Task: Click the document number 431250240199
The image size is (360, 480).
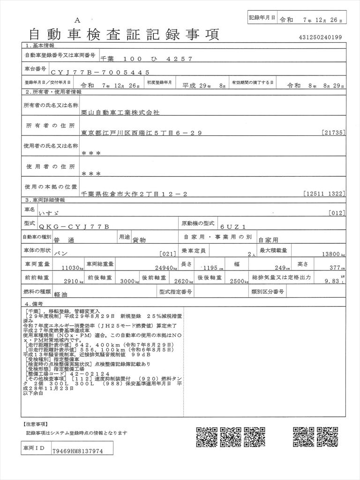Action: pyautogui.click(x=320, y=37)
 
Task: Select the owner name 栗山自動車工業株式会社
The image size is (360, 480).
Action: pyautogui.click(x=120, y=113)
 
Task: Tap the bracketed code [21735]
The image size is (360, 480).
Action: pyautogui.click(x=334, y=133)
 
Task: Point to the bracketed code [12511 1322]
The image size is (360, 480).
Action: pyautogui.click(x=324, y=194)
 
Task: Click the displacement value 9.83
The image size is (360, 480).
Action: pyautogui.click(x=331, y=282)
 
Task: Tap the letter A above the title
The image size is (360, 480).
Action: pyautogui.click(x=77, y=20)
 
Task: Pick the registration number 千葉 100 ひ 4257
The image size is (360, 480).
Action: pyautogui.click(x=146, y=59)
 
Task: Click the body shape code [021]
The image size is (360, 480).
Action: pyautogui.click(x=167, y=254)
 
